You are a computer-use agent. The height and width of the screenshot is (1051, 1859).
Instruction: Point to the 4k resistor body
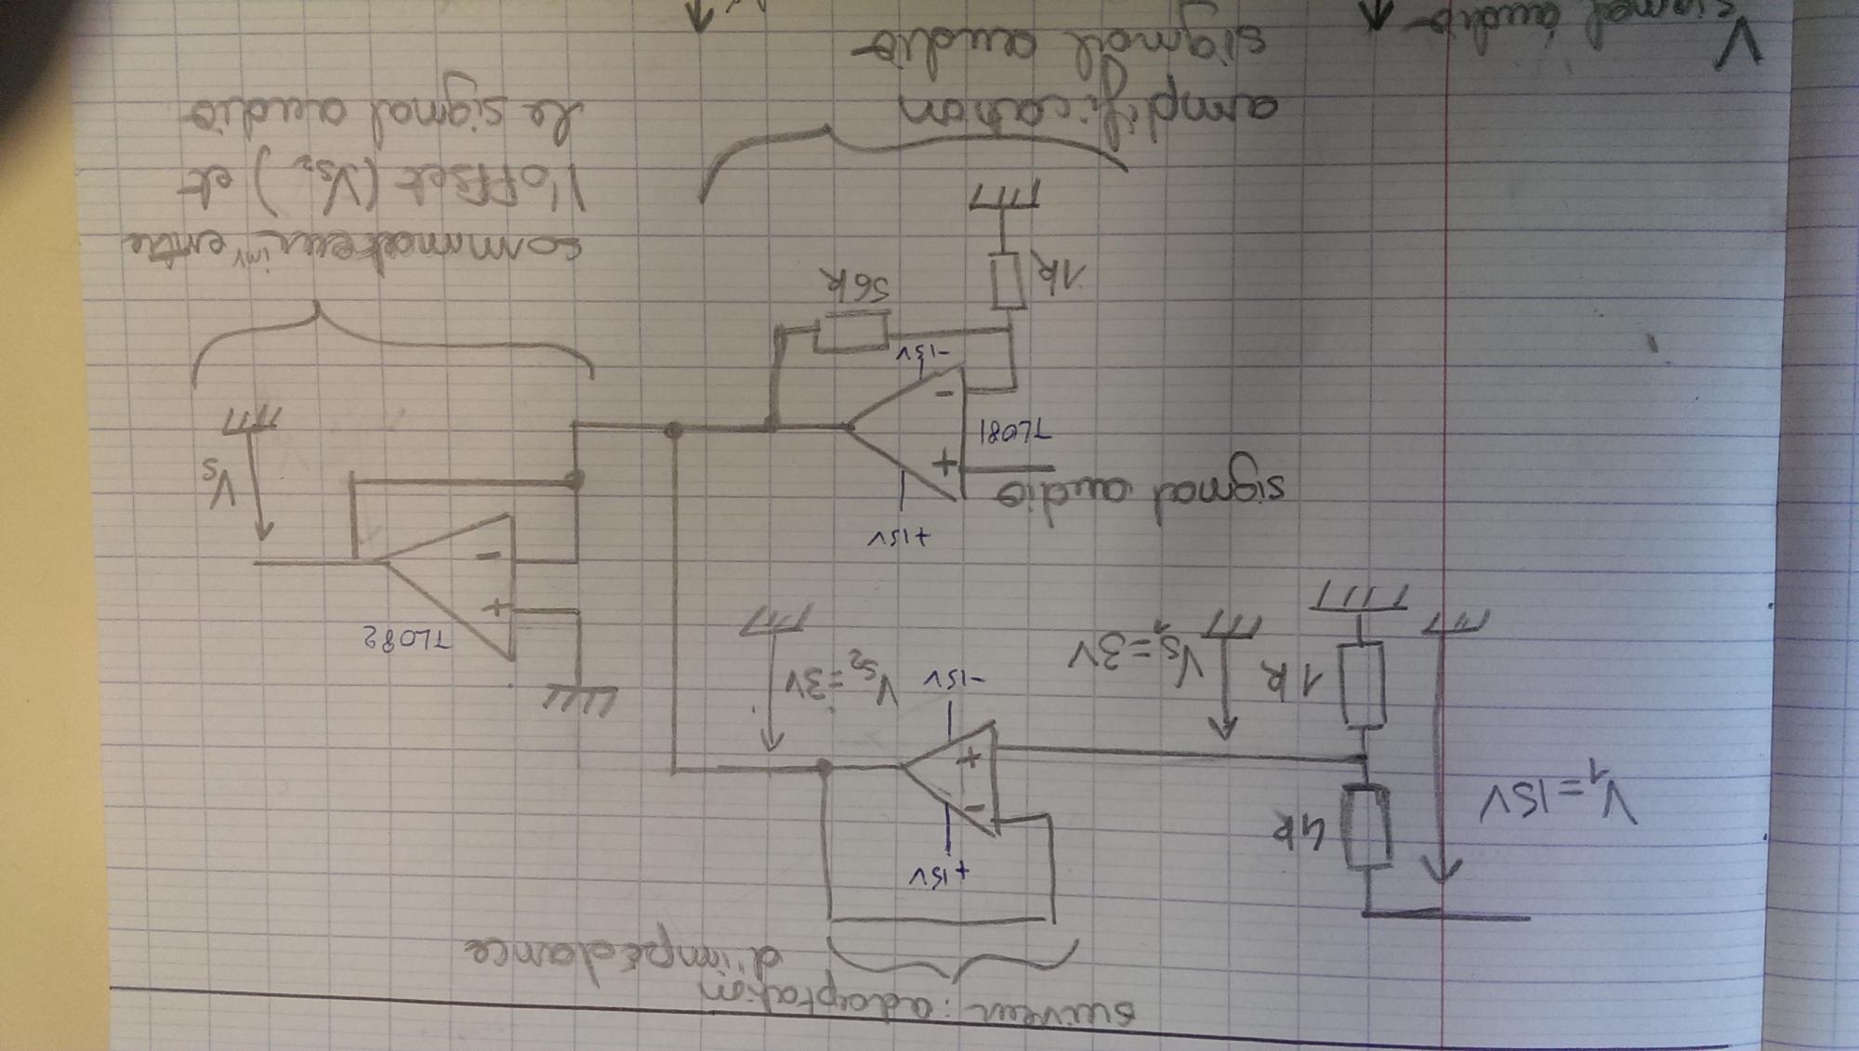[x=1368, y=826]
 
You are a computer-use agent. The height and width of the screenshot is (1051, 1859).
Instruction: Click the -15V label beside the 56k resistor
[x=921, y=358]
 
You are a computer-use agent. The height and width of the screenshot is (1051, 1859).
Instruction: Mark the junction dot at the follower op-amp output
[x=823, y=768]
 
